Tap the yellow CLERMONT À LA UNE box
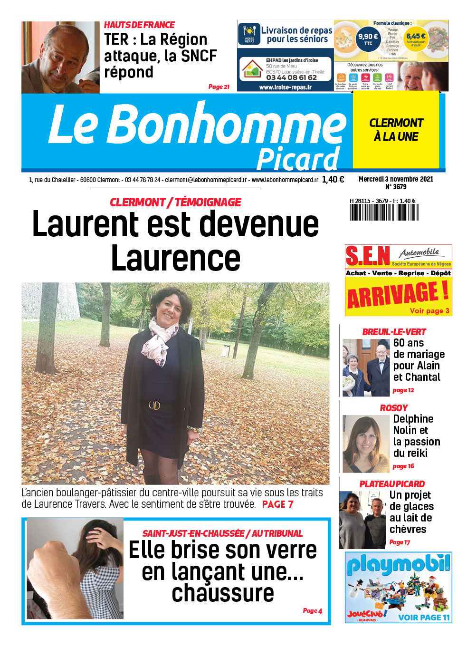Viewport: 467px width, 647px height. pyautogui.click(x=396, y=130)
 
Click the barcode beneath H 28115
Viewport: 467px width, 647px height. pyautogui.click(x=384, y=212)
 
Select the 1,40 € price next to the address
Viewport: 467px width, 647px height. pyautogui.click(x=333, y=180)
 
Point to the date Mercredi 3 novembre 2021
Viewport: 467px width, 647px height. pyautogui.click(x=396, y=179)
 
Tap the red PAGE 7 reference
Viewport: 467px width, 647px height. pyautogui.click(x=277, y=504)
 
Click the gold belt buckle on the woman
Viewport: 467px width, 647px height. pyautogui.click(x=155, y=405)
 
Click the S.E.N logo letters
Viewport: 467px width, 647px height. pyautogui.click(x=367, y=257)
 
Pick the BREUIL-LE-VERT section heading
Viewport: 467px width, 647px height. pyautogui.click(x=394, y=332)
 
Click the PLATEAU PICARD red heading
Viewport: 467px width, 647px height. pyautogui.click(x=392, y=484)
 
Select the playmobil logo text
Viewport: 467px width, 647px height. pyautogui.click(x=398, y=564)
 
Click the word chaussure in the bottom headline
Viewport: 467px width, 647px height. pyautogui.click(x=223, y=594)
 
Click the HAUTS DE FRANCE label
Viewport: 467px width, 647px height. pyautogui.click(x=139, y=25)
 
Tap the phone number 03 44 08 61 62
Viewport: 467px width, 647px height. pyautogui.click(x=291, y=77)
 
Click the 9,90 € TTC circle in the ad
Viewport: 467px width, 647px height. pyautogui.click(x=368, y=39)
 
